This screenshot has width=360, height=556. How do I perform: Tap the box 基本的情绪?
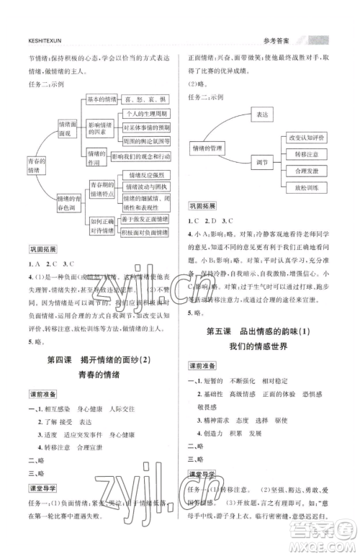[102, 99]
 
